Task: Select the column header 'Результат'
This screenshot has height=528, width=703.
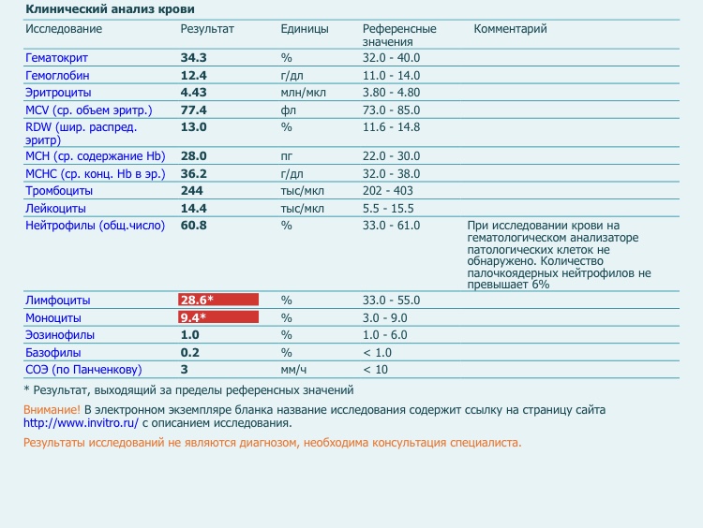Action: point(207,29)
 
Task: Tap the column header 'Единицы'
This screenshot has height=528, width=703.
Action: point(305,29)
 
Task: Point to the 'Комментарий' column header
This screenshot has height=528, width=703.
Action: point(510,29)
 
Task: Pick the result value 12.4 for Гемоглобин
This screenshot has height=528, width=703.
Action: point(193,75)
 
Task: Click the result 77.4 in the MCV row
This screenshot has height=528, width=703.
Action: point(193,110)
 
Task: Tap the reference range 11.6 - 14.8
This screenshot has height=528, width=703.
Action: point(391,126)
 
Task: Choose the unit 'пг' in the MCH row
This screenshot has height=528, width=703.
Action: point(287,155)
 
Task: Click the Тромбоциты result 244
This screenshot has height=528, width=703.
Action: point(191,191)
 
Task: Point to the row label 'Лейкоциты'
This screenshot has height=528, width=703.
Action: point(55,208)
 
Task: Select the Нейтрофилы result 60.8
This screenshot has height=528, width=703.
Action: point(193,226)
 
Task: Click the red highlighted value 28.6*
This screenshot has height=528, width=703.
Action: point(198,300)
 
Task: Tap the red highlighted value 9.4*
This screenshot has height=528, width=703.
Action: point(194,317)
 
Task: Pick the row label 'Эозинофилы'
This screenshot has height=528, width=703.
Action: point(59,334)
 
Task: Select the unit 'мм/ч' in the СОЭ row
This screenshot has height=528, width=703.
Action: point(293,369)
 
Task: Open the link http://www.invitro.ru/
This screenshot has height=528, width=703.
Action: point(81,422)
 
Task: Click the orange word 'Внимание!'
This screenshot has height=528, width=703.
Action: point(52,410)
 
